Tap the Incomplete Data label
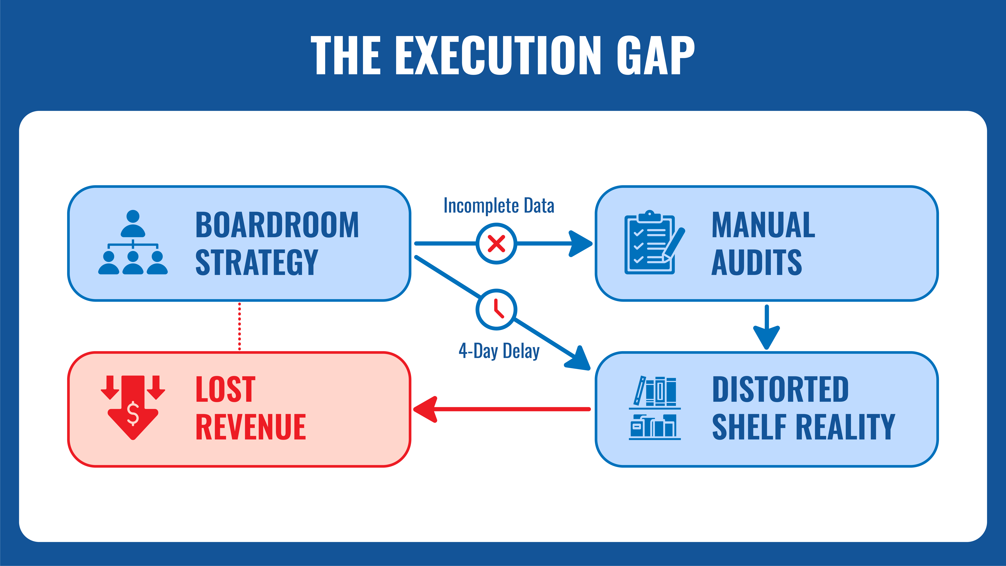(499, 206)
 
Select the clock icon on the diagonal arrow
(496, 309)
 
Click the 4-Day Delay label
(499, 351)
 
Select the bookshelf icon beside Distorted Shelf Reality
(654, 408)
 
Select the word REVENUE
(251, 427)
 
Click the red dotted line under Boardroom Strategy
(239, 327)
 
